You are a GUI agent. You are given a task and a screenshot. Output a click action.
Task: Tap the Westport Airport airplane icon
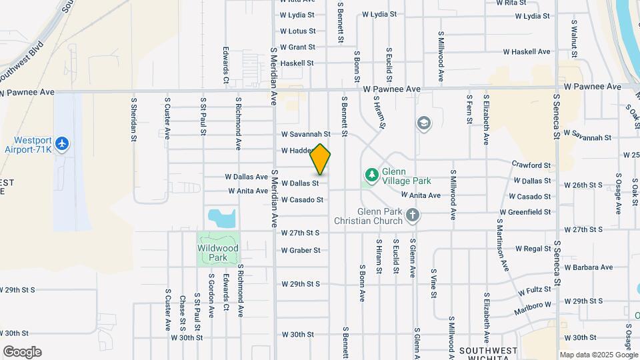coord(62,143)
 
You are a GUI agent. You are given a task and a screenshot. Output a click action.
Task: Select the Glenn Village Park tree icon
coord(371,175)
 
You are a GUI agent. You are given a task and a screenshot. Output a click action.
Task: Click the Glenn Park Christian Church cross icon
coord(413,215)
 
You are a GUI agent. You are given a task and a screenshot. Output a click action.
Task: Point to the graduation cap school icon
coord(423,123)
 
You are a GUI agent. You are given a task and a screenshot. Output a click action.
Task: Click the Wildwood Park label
coord(217,253)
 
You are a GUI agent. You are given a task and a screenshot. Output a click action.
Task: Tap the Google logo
coord(22,352)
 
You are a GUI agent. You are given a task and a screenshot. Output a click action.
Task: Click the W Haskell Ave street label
coord(527,51)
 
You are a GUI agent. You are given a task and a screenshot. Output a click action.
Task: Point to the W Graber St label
coord(301,251)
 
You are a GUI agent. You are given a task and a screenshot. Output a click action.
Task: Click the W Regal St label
coord(532,249)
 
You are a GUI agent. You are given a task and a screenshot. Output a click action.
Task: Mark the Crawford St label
coord(531,165)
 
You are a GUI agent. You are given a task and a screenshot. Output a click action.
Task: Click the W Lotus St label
coord(297,31)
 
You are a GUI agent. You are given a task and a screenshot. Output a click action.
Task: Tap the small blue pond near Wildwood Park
coord(221,217)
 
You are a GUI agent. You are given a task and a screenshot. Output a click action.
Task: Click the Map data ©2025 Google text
coord(598,355)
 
